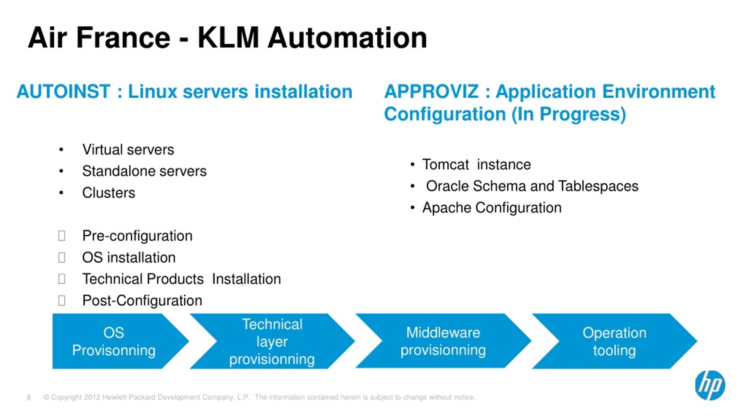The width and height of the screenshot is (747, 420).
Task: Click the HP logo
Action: pos(710,385)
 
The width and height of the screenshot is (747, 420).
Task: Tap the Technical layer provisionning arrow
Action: pos(272,341)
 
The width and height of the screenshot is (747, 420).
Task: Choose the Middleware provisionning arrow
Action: pos(443,341)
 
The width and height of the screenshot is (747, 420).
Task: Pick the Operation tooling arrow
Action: pos(615,341)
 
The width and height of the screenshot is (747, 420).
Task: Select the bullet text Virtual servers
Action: pos(128,150)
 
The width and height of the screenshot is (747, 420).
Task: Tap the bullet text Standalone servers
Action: pos(144,171)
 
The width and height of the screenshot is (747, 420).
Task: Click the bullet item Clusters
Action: pos(109,193)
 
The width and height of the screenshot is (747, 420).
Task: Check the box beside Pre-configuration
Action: pos(62,236)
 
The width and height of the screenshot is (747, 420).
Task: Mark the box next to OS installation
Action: pos(62,257)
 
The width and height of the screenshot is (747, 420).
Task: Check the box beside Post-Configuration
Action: pos(62,300)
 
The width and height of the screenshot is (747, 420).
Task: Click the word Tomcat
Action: pos(446,164)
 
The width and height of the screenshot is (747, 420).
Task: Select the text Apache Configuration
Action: pos(492,208)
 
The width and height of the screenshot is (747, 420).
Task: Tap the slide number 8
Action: pos(29,398)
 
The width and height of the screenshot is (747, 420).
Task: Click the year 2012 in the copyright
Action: pos(92,397)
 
